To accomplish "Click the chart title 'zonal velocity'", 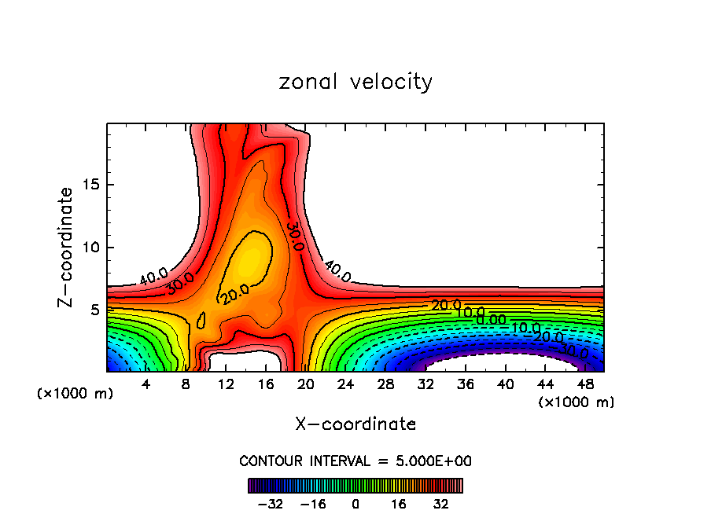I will [355, 82].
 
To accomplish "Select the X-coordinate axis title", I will [355, 424].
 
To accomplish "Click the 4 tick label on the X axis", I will [146, 384].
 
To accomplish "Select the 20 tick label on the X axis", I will [305, 384].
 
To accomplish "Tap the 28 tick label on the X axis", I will [385, 384].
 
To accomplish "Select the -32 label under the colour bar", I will [270, 502].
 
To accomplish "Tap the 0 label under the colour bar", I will [355, 502].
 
